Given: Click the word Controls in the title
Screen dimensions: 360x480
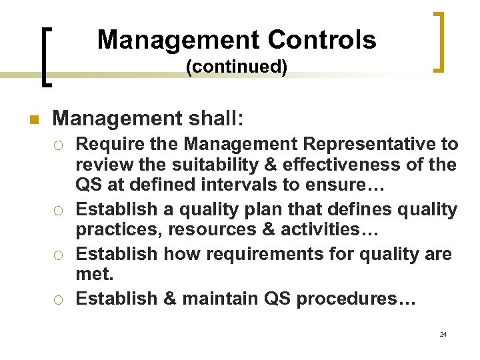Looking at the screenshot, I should coord(322,40).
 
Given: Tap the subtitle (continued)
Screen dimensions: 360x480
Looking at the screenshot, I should coord(237,67).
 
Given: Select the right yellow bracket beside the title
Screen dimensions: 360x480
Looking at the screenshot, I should coord(441,41).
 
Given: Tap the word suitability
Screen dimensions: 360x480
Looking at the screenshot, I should coord(204,164).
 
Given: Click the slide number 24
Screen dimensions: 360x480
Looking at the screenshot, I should coord(443,334).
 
